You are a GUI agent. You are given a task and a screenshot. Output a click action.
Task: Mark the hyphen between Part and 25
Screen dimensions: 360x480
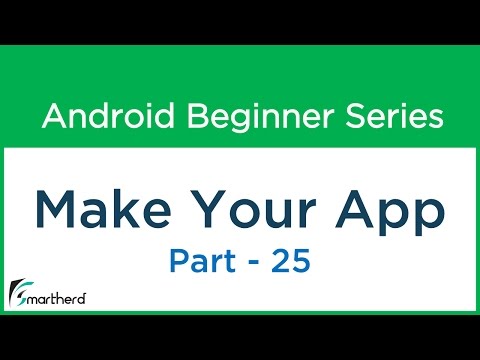[x=254, y=263]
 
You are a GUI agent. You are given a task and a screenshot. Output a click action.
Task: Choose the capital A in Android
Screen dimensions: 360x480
[x=52, y=118]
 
